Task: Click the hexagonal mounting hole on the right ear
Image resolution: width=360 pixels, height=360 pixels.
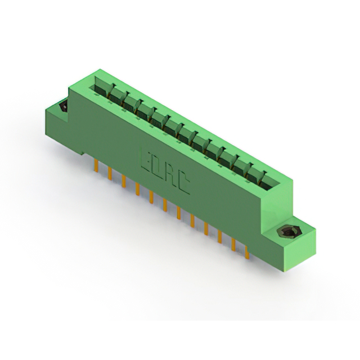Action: click(x=286, y=232)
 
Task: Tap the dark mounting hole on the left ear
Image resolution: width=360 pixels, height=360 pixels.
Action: click(x=63, y=106)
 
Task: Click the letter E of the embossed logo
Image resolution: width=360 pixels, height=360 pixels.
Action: click(x=146, y=160)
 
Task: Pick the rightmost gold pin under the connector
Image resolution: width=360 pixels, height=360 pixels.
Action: click(x=247, y=252)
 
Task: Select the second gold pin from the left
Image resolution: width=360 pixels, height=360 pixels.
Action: click(x=110, y=174)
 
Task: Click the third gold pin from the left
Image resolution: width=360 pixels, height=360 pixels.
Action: click(x=124, y=181)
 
